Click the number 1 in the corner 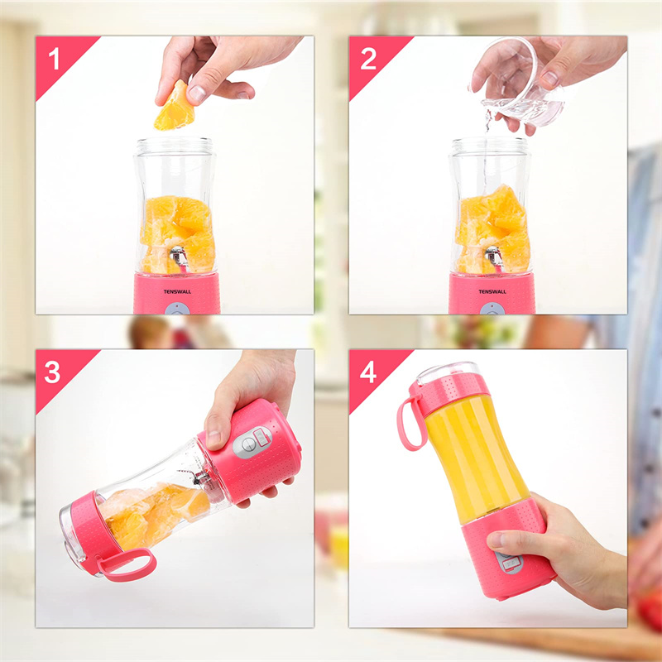pyautogui.click(x=55, y=59)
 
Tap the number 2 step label pyautogui.click(x=368, y=59)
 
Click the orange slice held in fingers pyautogui.click(x=175, y=107)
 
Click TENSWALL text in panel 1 pyautogui.click(x=177, y=292)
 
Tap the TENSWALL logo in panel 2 pyautogui.click(x=492, y=292)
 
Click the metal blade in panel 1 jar pyautogui.click(x=180, y=257)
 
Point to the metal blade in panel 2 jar pyautogui.click(x=494, y=257)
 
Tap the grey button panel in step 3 pyautogui.click(x=252, y=442)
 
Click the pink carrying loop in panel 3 pyautogui.click(x=126, y=565)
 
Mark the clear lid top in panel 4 pyautogui.click(x=447, y=372)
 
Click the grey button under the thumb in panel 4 pyautogui.click(x=510, y=562)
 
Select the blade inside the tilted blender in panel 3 pyautogui.click(x=199, y=477)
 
